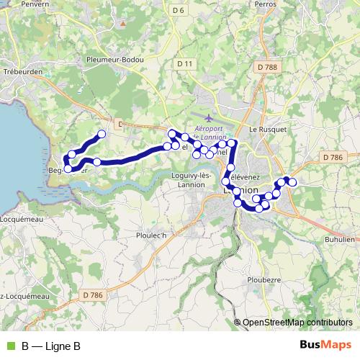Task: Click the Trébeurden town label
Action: [x=24, y=73]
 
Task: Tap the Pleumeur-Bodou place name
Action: [x=115, y=60]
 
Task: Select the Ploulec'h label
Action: [x=151, y=235]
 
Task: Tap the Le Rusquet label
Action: [x=268, y=129]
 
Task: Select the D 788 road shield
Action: [x=267, y=66]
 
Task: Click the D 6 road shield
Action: [x=179, y=9]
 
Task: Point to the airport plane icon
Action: [x=209, y=117]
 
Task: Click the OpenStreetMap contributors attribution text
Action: [x=297, y=323]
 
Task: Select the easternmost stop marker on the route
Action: [x=292, y=181]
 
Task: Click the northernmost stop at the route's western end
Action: [x=102, y=134]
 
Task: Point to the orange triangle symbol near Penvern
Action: [x=123, y=23]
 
